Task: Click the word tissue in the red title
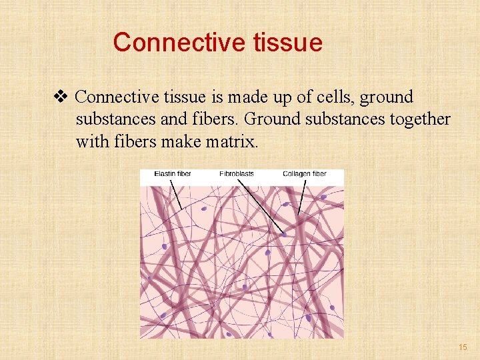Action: pos(287,43)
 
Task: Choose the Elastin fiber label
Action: pos(173,174)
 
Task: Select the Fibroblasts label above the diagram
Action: pos(237,174)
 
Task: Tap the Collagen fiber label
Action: pos(305,174)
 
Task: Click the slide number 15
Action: pos(463,347)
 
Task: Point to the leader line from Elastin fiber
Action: pos(177,195)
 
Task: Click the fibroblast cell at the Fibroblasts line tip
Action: pos(285,235)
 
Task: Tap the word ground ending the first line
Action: pos(387,97)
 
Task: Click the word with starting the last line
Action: pos(90,142)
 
